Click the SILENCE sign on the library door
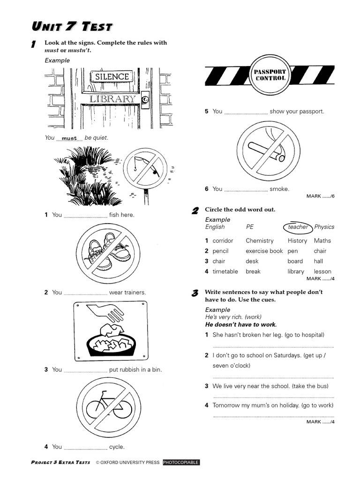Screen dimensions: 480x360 112,76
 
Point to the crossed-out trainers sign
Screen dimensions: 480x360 108,253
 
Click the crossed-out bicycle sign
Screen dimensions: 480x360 108,407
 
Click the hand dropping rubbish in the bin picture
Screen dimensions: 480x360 111,331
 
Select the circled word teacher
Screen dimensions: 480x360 298,227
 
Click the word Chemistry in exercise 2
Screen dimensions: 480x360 259,241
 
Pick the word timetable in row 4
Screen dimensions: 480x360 225,271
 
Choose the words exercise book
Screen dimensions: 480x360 264,251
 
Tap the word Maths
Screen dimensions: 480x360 322,241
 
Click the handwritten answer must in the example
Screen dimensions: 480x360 69,138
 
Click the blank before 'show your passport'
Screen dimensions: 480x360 246,112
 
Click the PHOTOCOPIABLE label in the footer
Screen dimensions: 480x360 181,463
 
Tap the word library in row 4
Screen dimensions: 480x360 296,271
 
